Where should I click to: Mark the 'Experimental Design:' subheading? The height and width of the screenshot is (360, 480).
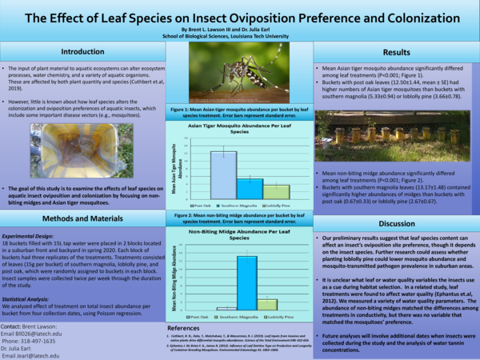coord(33,237)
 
